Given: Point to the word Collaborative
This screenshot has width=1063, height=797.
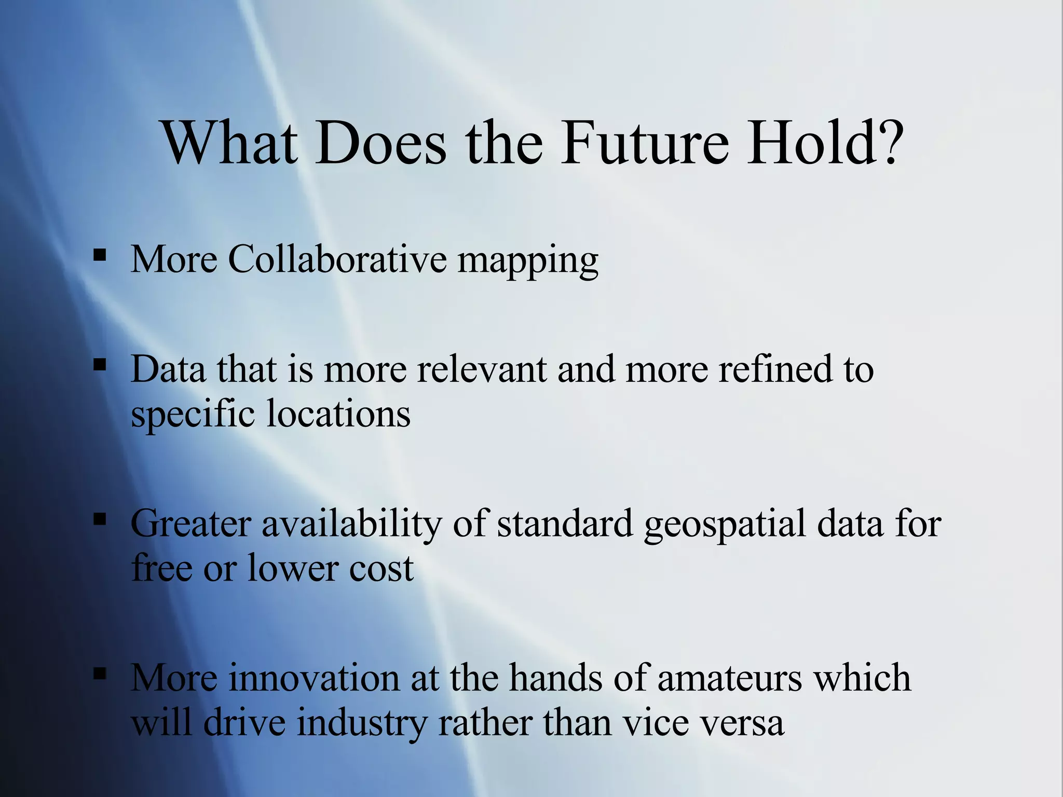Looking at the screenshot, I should [337, 259].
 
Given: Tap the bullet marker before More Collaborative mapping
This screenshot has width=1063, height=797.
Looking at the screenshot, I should [100, 255].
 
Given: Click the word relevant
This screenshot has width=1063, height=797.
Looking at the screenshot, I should [482, 369].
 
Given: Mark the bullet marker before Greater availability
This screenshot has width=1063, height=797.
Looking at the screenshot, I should [100, 519].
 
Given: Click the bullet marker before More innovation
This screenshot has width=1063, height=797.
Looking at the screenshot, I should [100, 674].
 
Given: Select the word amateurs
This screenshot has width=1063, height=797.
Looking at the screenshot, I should [729, 678].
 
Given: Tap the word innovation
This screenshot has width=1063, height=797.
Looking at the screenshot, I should [314, 678].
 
